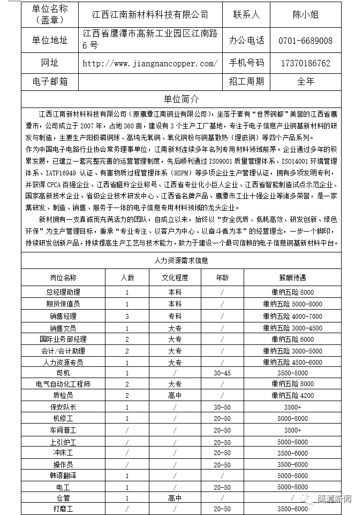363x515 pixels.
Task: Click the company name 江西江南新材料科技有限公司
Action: [149, 14]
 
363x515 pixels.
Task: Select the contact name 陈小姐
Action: [306, 14]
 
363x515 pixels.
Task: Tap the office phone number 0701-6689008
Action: [306, 41]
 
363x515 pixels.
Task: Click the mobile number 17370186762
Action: [306, 63]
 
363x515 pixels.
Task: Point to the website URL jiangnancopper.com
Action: [150, 63]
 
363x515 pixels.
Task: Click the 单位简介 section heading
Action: [181, 99]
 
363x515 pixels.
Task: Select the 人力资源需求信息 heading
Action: [181, 260]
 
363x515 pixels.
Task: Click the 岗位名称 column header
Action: [63, 278]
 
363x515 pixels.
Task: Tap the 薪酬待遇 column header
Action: [292, 278]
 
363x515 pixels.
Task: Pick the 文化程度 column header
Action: [175, 278]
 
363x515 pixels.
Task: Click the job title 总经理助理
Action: [63, 293]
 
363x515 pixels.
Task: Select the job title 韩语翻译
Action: [63, 475]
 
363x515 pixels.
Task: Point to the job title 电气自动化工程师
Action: [63, 384]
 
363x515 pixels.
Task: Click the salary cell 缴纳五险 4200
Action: [292, 396]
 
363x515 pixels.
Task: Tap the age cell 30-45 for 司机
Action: [222, 373]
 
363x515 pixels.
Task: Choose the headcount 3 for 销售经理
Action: [127, 316]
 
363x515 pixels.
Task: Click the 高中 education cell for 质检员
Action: [175, 396]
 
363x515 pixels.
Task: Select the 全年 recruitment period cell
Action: [306, 82]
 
